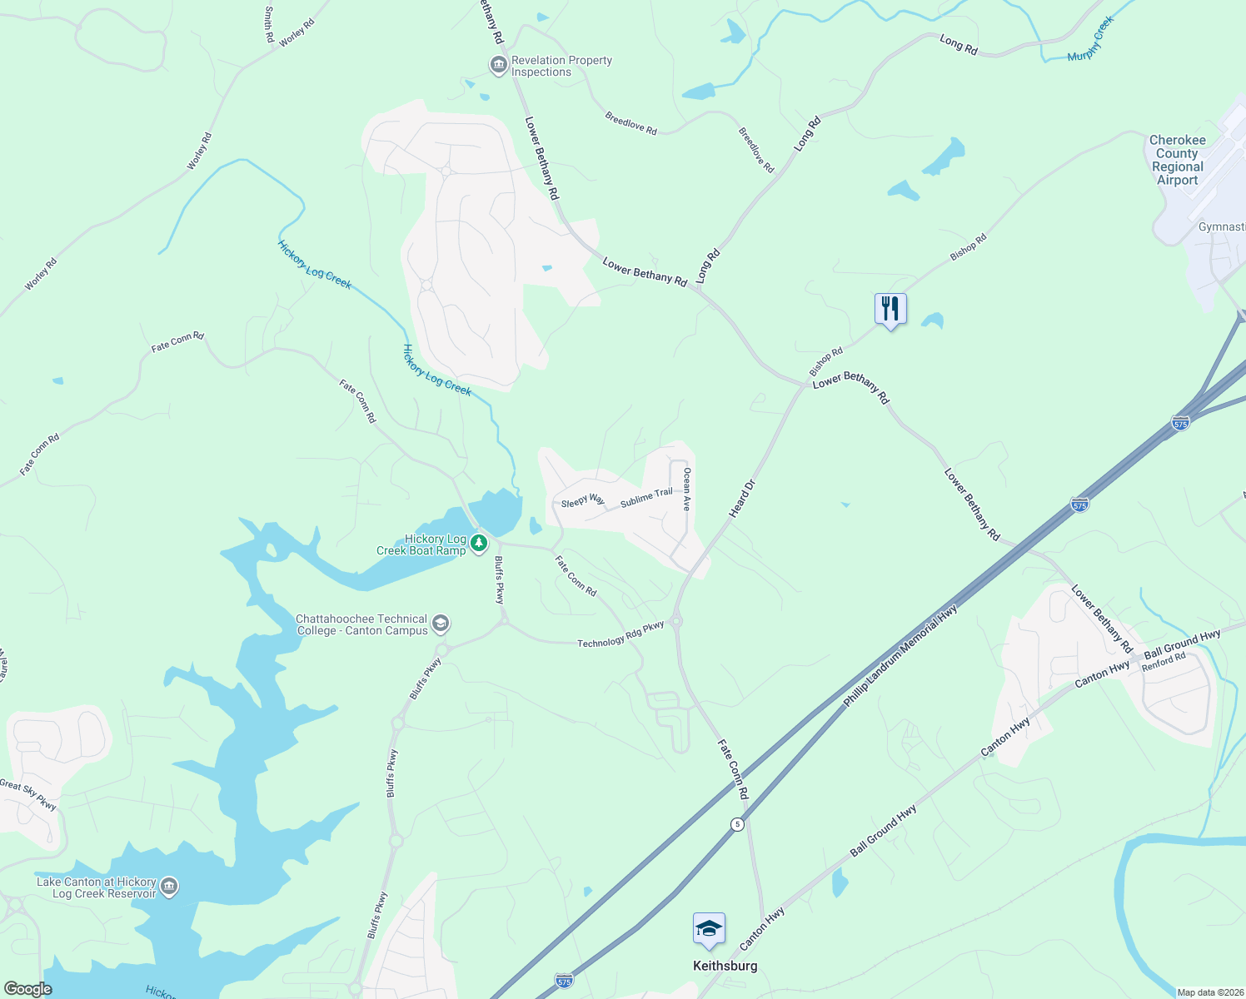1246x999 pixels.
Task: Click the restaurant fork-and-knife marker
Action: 890,309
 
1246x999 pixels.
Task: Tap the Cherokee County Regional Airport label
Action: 1177,160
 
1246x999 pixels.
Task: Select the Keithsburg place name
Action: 725,966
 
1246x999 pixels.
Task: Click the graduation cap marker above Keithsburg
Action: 709,928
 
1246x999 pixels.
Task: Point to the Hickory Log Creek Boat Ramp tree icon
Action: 479,544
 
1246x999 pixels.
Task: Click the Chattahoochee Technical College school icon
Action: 441,624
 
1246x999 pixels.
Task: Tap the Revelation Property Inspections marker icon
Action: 498,65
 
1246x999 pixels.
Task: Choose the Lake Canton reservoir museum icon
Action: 169,887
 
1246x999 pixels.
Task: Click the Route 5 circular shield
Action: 737,824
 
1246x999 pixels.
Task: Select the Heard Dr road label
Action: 742,499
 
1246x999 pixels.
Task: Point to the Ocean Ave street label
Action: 687,489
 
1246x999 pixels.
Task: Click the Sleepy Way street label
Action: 582,500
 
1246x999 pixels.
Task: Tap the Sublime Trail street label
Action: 646,498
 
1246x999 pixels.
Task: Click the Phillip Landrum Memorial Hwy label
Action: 900,656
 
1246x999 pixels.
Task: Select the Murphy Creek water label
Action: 1091,40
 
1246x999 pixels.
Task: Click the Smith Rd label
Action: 269,25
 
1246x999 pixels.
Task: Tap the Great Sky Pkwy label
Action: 28,795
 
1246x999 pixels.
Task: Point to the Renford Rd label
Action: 1164,662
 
